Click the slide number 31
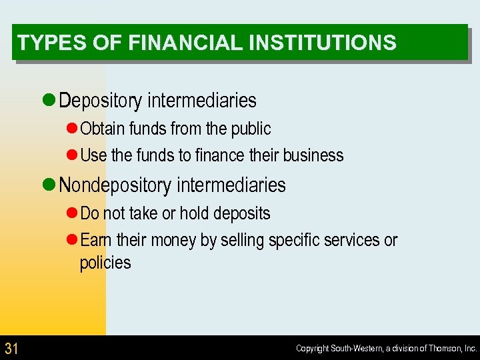click(x=11, y=348)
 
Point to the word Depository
click(x=101, y=101)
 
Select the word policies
click(x=105, y=263)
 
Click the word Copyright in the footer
click(x=313, y=349)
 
